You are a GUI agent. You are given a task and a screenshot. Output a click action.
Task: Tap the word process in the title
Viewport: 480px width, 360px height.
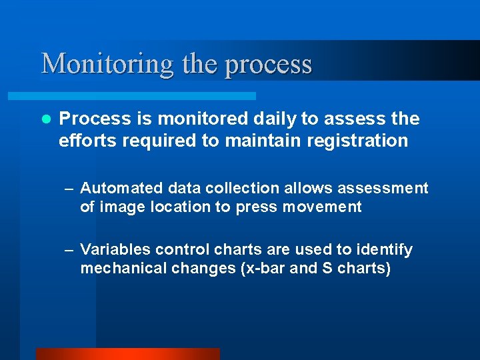coord(269,64)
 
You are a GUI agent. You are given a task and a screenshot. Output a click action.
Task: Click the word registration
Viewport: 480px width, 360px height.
coord(360,141)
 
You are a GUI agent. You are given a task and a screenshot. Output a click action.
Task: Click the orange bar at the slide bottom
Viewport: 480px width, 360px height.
coord(127,354)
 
